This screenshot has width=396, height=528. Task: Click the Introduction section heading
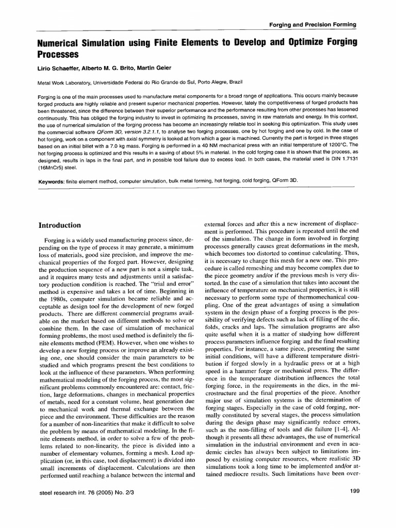click(x=60, y=225)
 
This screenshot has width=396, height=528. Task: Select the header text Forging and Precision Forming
click(x=313, y=25)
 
